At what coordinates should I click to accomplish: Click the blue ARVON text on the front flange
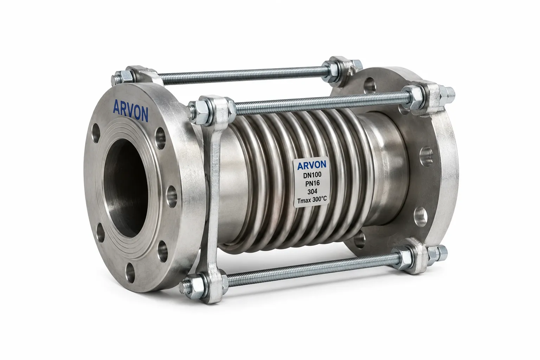(130, 110)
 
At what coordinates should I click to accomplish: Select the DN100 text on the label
(312, 175)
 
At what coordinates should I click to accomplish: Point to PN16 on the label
(313, 184)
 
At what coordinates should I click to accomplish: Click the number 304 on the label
(313, 192)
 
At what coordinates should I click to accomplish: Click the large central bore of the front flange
(126, 188)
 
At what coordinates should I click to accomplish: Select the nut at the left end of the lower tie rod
(193, 286)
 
